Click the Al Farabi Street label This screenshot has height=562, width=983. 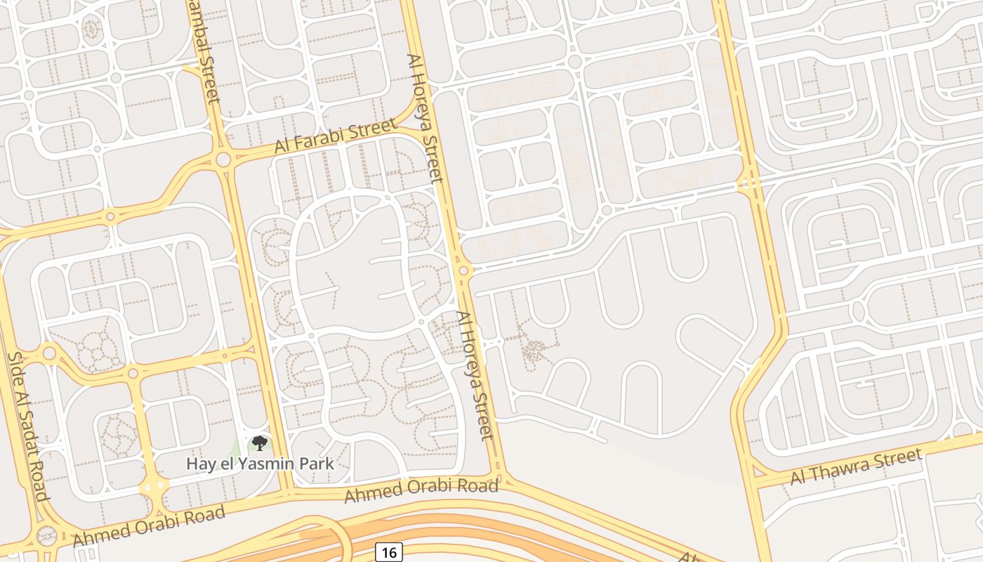click(x=334, y=136)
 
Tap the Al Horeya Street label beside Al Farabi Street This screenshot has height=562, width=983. click(x=425, y=117)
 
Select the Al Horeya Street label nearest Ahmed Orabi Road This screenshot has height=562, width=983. click(x=476, y=376)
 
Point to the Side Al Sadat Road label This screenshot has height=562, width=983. click(x=28, y=426)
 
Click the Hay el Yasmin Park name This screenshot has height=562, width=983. click(x=260, y=464)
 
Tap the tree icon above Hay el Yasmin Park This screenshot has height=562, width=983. click(x=260, y=443)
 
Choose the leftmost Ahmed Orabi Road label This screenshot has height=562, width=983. click(x=149, y=525)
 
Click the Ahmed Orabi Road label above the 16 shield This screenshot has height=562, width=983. click(x=421, y=490)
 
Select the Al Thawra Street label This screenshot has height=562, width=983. click(x=856, y=467)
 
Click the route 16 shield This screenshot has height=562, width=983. click(x=388, y=552)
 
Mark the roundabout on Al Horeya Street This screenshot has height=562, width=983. click(x=463, y=270)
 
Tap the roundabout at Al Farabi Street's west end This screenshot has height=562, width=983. click(x=223, y=159)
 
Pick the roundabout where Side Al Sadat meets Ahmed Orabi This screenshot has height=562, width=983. click(x=46, y=536)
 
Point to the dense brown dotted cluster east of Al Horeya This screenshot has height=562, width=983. click(x=535, y=349)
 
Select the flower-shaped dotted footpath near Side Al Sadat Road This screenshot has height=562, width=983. click(x=91, y=349)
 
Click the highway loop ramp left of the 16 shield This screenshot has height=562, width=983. click(x=330, y=537)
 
